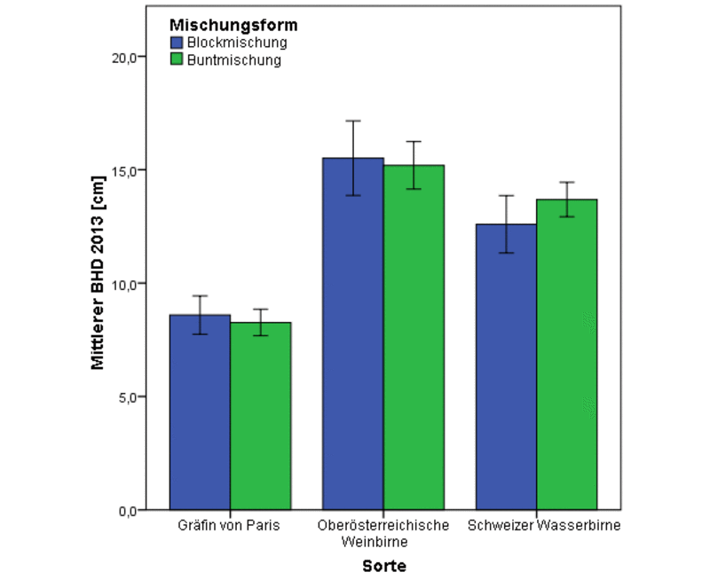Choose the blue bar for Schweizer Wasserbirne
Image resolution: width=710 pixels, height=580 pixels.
(x=506, y=367)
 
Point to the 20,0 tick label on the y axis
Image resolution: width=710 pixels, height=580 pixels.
(x=123, y=57)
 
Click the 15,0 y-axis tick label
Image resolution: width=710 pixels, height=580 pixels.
(x=123, y=170)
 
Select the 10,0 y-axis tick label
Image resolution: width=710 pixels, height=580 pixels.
(x=123, y=284)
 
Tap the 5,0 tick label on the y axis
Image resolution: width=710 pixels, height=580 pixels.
(x=127, y=397)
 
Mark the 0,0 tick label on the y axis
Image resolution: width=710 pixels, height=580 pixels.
(x=127, y=511)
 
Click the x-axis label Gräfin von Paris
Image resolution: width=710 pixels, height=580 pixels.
(x=230, y=526)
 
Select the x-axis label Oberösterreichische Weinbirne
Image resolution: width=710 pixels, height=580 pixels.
(x=383, y=533)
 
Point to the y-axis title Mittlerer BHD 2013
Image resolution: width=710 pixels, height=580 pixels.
(x=99, y=284)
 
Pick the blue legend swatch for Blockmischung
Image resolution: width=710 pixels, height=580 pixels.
(x=176, y=43)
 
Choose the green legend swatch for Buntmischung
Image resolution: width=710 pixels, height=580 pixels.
(x=176, y=60)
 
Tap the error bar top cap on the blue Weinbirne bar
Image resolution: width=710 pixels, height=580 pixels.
(x=353, y=121)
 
